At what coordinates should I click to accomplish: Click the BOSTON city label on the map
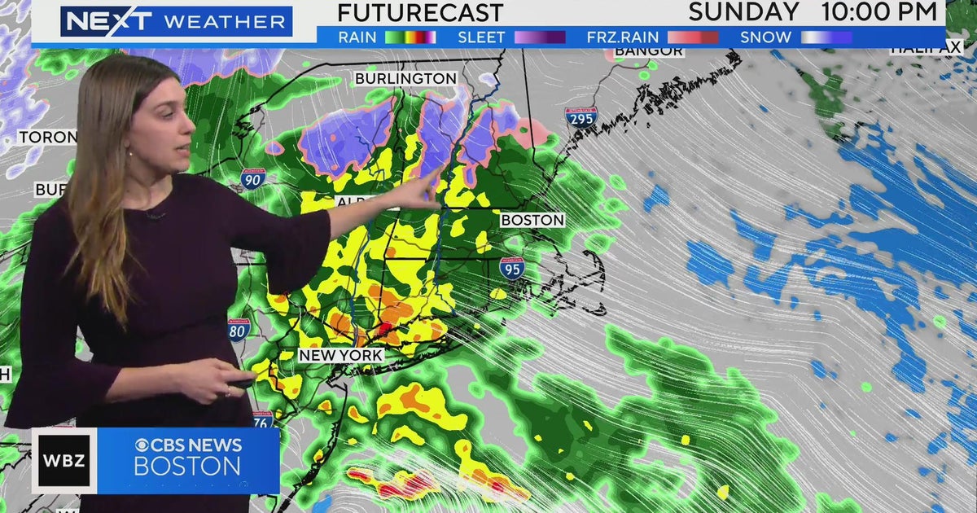pos(532,220)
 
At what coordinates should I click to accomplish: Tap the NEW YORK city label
pos(340,356)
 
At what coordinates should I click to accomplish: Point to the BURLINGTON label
pos(405,78)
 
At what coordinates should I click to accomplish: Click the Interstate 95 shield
pos(511,268)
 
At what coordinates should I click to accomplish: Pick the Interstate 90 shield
pos(252,178)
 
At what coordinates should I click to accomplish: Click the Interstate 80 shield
pos(239,330)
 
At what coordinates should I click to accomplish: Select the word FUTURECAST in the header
pos(420,13)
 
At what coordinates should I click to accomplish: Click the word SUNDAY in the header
pos(743,12)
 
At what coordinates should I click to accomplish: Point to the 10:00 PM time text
pos(879,12)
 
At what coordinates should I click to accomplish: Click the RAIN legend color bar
pos(410,37)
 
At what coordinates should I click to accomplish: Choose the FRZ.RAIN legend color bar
pos(693,37)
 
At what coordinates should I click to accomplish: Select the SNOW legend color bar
pos(826,37)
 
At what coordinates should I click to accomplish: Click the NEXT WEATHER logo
pos(176,21)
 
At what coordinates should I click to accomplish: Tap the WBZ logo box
pos(64,461)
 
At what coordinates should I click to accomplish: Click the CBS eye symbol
pos(142,445)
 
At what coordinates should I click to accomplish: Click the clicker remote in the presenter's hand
pos(242,382)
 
